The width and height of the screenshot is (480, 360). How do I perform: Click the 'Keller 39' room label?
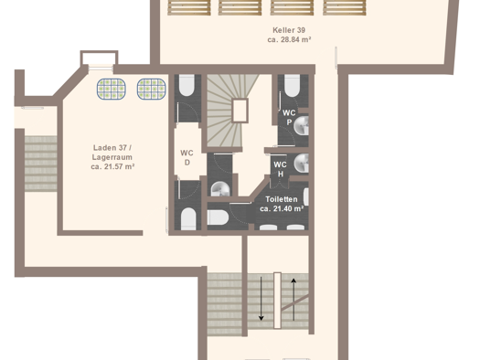[289, 30]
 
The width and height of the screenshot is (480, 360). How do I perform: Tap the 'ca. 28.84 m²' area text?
[289, 40]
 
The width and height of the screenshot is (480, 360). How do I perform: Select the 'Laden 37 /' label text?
[112, 148]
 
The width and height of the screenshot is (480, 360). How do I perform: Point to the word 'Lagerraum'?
[112, 157]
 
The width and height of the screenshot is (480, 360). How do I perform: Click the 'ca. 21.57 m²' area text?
[112, 166]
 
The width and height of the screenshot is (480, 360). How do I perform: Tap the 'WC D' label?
[187, 157]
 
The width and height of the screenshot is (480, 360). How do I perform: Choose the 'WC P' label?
[289, 117]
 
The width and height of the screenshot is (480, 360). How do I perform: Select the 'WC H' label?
[280, 169]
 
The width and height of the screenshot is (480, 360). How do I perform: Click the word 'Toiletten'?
[282, 199]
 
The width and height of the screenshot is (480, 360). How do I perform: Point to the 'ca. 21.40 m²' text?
[282, 209]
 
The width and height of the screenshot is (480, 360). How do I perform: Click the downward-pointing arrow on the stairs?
[261, 299]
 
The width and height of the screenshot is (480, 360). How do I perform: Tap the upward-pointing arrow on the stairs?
[293, 300]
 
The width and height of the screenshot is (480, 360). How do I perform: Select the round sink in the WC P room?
[301, 125]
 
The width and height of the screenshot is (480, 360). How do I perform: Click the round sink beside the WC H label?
[301, 163]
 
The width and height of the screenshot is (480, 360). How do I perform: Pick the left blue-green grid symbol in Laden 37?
[112, 89]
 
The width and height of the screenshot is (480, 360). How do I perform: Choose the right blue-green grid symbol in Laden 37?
[152, 89]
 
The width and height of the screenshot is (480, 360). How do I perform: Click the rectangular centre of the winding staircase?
[240, 111]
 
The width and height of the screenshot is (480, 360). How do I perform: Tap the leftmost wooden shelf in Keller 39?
[189, 7]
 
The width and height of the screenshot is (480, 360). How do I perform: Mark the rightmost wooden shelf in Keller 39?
[345, 7]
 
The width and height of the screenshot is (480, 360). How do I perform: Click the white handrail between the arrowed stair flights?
[277, 301]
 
